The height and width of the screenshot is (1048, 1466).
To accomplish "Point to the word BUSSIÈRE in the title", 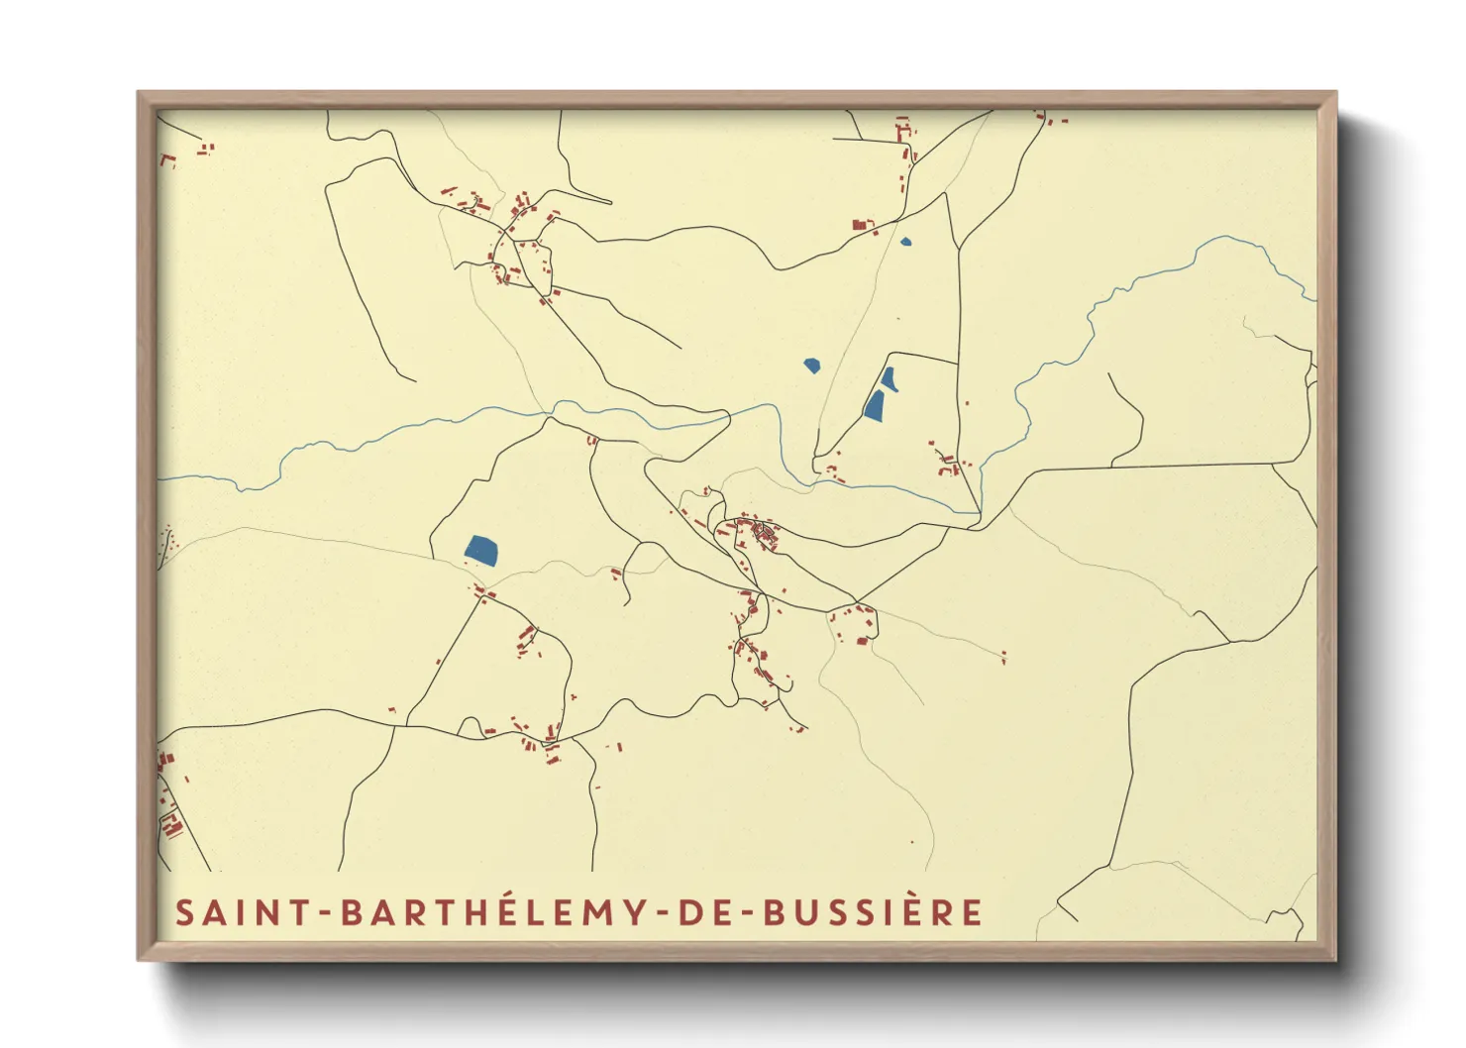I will pos(873,912).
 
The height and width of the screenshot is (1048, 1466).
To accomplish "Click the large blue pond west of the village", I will pos(481,550).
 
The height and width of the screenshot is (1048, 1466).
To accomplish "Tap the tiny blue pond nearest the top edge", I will pos(905,240).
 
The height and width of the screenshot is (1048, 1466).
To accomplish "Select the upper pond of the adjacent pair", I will pos(889,378).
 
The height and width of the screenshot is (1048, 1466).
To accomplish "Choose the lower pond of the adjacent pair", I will pos(874,405).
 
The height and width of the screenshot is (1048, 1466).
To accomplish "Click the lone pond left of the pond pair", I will pos(812,365).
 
